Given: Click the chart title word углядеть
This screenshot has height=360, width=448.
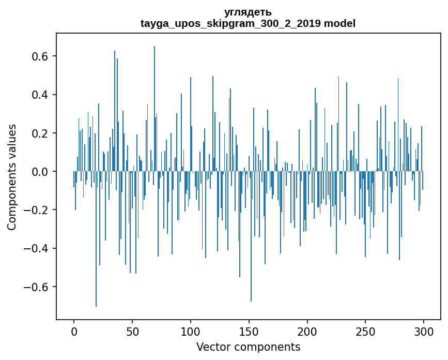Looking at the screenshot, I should click(x=248, y=12).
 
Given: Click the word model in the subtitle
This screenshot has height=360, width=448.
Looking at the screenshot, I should click(x=339, y=23).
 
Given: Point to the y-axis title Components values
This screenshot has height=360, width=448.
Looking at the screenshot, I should click(x=12, y=177).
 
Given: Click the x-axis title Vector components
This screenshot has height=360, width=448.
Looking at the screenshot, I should click(x=248, y=347).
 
